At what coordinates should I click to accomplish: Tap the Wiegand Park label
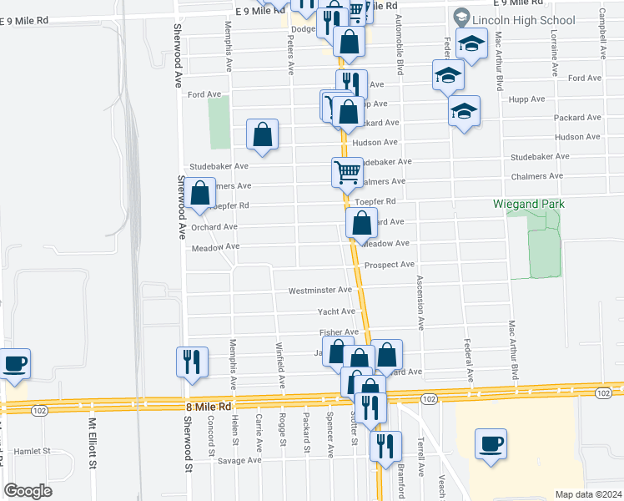(540, 204)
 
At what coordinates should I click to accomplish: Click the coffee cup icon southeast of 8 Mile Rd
(490, 442)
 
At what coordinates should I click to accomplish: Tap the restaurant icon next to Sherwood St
(191, 362)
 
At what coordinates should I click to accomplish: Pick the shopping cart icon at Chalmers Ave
(347, 173)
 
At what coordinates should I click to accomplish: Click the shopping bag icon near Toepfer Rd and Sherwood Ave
(200, 193)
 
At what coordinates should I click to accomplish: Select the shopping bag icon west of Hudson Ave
(262, 134)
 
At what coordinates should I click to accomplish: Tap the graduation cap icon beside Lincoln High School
(472, 45)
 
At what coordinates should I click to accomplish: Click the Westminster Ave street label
(320, 291)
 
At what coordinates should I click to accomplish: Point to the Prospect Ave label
(390, 265)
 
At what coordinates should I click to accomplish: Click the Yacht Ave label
(336, 311)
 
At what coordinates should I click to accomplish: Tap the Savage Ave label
(240, 460)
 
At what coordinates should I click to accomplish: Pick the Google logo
(28, 491)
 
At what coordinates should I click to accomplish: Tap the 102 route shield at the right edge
(602, 392)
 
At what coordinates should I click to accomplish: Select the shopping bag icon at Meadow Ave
(361, 223)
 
